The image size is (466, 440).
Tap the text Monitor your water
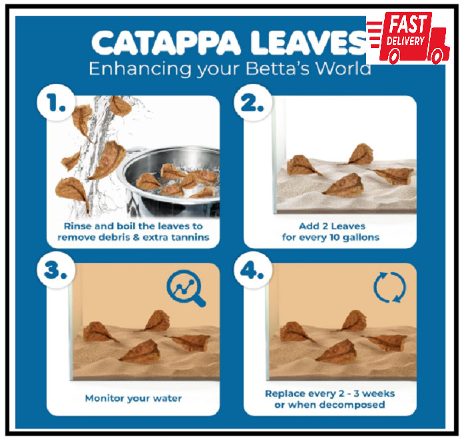coord(133,398)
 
